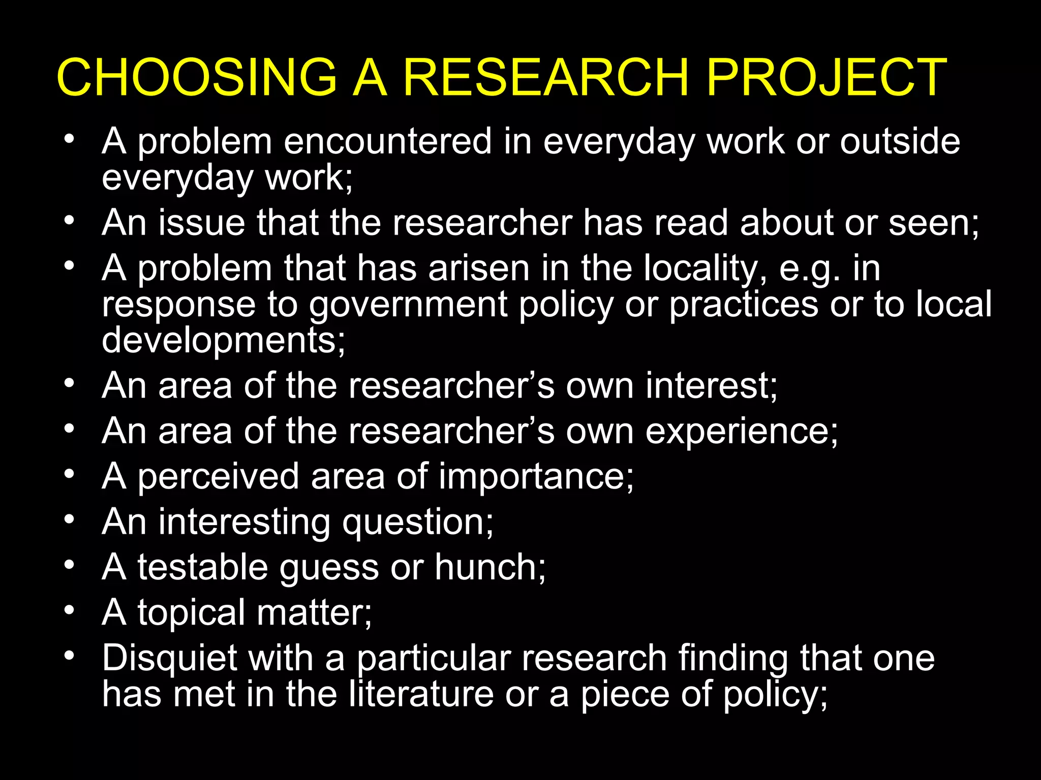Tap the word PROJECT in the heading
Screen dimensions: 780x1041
pyautogui.click(x=826, y=77)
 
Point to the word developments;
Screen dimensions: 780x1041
pyautogui.click(x=224, y=340)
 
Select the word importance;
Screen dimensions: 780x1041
pyautogui.click(x=536, y=477)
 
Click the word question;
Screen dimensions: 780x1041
pyautogui.click(x=417, y=523)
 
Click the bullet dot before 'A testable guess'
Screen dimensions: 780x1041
pyautogui.click(x=70, y=565)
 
